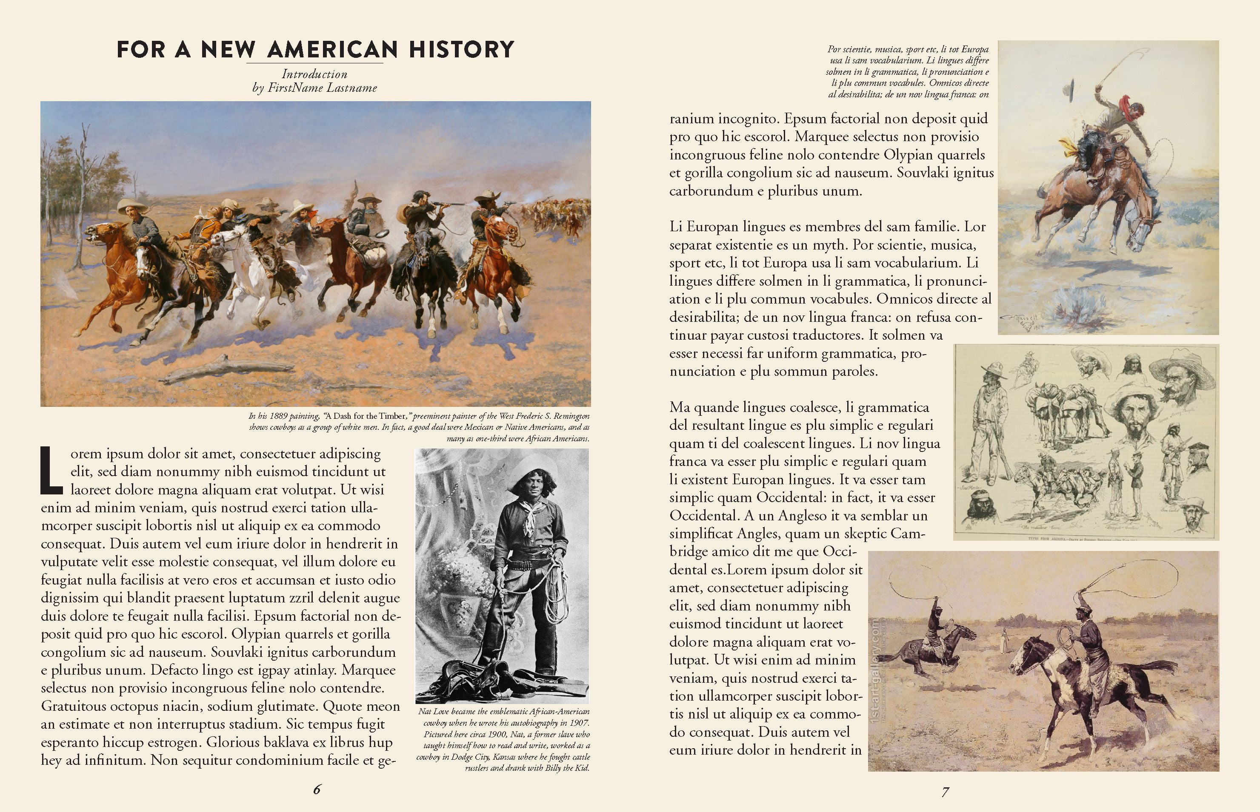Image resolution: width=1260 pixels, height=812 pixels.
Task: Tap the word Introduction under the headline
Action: pyautogui.click(x=314, y=74)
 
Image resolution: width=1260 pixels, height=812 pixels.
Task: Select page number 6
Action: pyautogui.click(x=317, y=789)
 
